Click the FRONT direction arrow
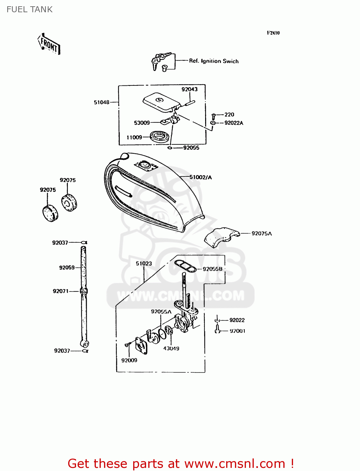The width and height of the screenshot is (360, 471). coord(49,44)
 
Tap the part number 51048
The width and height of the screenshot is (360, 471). coord(101,102)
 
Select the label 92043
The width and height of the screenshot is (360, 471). coord(189,89)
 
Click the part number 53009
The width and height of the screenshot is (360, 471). coord(142,123)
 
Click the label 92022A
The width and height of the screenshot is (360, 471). coord(234,123)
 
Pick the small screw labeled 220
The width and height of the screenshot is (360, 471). coord(214,116)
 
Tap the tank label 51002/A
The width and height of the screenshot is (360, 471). coord(200,177)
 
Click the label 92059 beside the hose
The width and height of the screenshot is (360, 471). coord(67,268)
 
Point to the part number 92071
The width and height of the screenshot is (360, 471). coord(61,291)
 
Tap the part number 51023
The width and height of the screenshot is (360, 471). coord(144,263)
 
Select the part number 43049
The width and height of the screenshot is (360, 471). coord(171,348)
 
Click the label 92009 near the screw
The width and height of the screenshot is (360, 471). coord(129,360)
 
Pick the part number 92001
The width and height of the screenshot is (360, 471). coord(237,331)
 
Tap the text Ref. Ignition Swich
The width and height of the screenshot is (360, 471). coord(214,61)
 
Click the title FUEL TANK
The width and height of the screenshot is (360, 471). coord(30,9)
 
